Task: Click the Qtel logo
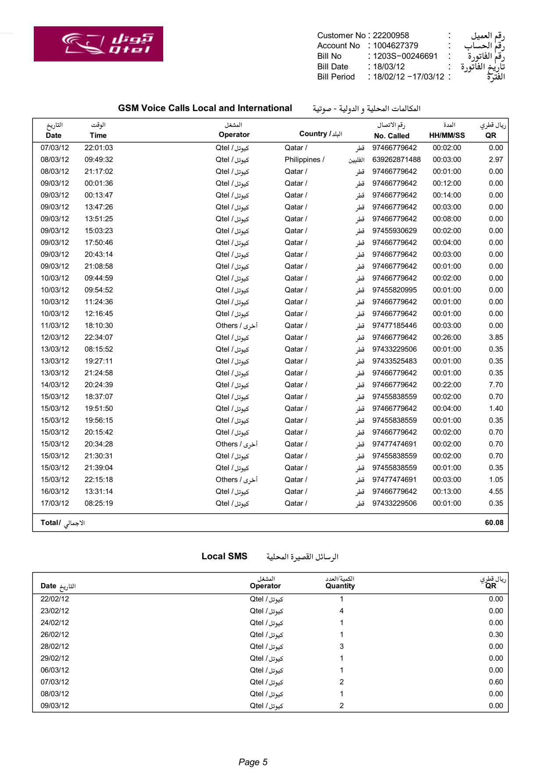tap(98, 44)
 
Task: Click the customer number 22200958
tap(390, 36)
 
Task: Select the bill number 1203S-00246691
tap(405, 56)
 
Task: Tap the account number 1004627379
tap(395, 46)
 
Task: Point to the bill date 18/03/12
tap(389, 67)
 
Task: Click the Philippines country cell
tap(304, 160)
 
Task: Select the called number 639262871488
tap(396, 160)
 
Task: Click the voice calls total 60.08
tap(494, 523)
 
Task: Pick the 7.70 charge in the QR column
tap(496, 385)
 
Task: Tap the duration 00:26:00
tap(447, 338)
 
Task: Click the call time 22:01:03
tap(99, 148)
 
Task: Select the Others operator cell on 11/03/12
tap(236, 326)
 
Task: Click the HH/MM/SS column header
tap(447, 136)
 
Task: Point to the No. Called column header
tap(391, 136)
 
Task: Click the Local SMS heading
tap(224, 557)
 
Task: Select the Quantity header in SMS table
tap(340, 586)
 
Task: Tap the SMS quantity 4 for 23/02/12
tap(341, 611)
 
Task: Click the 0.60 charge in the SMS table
tap(496, 682)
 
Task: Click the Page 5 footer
tap(253, 762)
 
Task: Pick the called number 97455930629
tap(394, 231)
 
